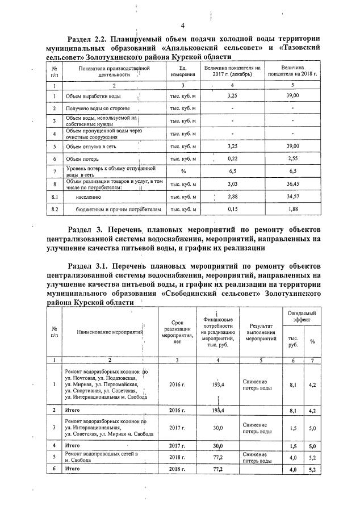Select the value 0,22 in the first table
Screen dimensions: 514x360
(x=232, y=160)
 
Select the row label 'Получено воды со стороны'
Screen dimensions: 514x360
(x=97, y=108)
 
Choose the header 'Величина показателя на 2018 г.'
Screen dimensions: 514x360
(x=293, y=72)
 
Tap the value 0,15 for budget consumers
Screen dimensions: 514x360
(x=232, y=209)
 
